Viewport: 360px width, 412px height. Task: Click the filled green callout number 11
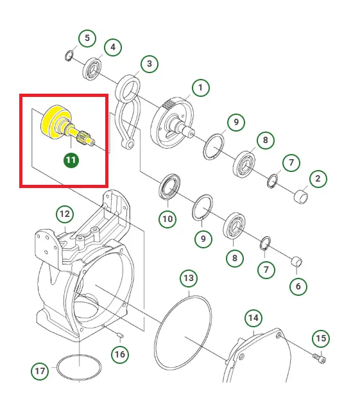(x=71, y=160)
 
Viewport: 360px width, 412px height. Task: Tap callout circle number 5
(x=87, y=38)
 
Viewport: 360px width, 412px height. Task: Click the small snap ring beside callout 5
(x=69, y=56)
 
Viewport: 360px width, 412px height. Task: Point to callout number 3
(x=150, y=64)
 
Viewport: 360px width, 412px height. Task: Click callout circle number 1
(x=201, y=88)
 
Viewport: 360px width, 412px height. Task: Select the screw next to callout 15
(x=320, y=358)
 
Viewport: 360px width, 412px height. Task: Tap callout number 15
(x=321, y=338)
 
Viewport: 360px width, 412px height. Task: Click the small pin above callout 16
(x=119, y=335)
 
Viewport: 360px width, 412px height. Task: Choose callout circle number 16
(x=120, y=354)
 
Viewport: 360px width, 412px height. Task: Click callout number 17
(x=40, y=372)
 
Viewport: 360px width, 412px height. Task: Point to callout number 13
(x=189, y=279)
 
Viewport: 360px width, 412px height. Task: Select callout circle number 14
(x=253, y=318)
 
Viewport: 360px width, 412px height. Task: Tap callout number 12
(x=65, y=214)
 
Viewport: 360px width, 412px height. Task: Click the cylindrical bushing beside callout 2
(x=300, y=197)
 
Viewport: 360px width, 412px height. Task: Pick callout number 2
(x=318, y=179)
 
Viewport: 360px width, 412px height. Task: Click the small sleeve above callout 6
(x=297, y=261)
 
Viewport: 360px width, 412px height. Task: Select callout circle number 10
(x=167, y=219)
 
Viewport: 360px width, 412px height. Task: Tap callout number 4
(x=113, y=47)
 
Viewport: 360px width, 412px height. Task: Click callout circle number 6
(x=298, y=286)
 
